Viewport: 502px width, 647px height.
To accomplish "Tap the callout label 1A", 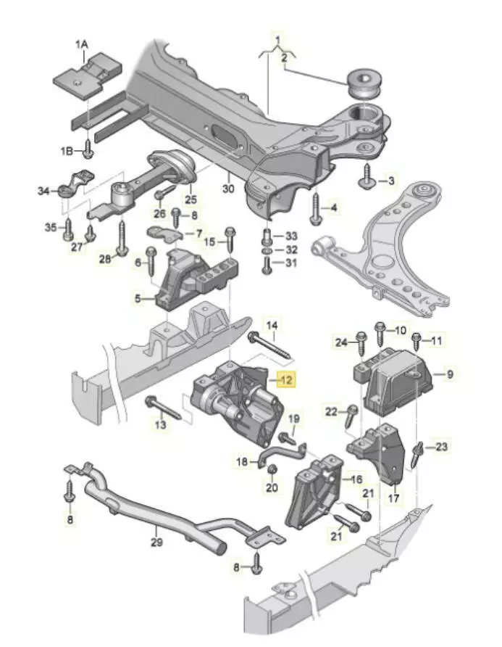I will tap(81, 44).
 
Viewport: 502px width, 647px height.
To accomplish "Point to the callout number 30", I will tap(229, 189).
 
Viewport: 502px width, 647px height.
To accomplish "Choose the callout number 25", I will tap(190, 198).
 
